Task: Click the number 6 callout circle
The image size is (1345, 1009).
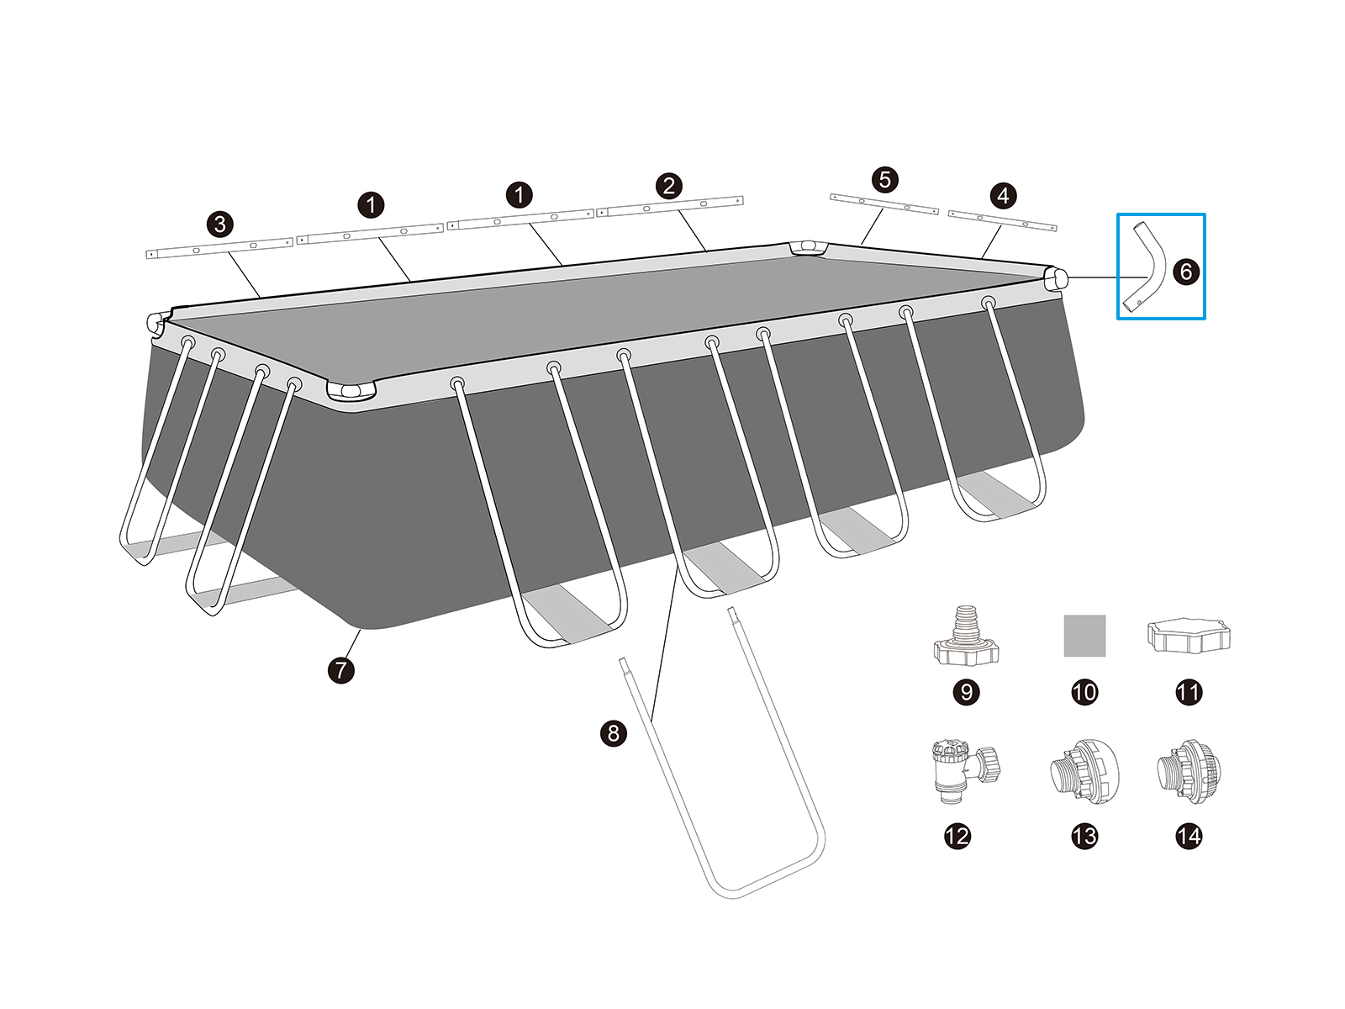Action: coord(1185,272)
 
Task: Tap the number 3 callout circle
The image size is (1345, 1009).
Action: coord(220,225)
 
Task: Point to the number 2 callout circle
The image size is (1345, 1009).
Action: coord(668,186)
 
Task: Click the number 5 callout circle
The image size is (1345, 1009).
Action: coord(885,179)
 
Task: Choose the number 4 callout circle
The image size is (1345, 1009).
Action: coord(1003,195)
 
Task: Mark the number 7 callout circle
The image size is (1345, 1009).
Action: coord(341,669)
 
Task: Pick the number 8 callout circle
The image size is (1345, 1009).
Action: coord(614,733)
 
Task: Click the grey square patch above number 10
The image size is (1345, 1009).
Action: coord(1084,636)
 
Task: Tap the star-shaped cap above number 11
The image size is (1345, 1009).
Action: coord(1188,636)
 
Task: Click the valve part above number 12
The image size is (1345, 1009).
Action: coord(964,771)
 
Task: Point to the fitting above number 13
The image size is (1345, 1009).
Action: coord(1084,771)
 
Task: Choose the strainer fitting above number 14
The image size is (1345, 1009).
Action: coord(1189,771)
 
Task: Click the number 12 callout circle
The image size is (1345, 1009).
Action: coord(957,837)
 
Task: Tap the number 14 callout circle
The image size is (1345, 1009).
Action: coord(1189,837)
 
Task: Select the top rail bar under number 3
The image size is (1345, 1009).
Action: coord(219,248)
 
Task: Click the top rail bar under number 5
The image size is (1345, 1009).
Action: coord(884,204)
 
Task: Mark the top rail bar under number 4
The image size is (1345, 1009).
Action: coord(1003,220)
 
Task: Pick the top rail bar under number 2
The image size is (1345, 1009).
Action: coord(670,207)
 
